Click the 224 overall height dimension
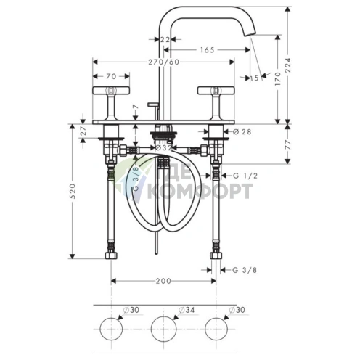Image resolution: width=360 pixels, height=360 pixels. click(288, 65)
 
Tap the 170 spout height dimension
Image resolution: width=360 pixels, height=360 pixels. click(278, 78)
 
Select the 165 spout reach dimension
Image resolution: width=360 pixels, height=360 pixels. click(208, 50)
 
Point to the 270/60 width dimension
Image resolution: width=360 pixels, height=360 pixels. click(164, 62)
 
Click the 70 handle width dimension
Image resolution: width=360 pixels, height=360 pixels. click(111, 76)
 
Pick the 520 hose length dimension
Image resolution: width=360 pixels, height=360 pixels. click(73, 191)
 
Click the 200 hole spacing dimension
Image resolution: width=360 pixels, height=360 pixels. click(163, 281)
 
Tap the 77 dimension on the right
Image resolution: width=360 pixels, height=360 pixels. click(288, 144)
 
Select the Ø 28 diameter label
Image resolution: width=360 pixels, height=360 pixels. click(242, 132)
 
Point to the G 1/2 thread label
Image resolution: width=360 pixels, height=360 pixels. click(245, 176)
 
